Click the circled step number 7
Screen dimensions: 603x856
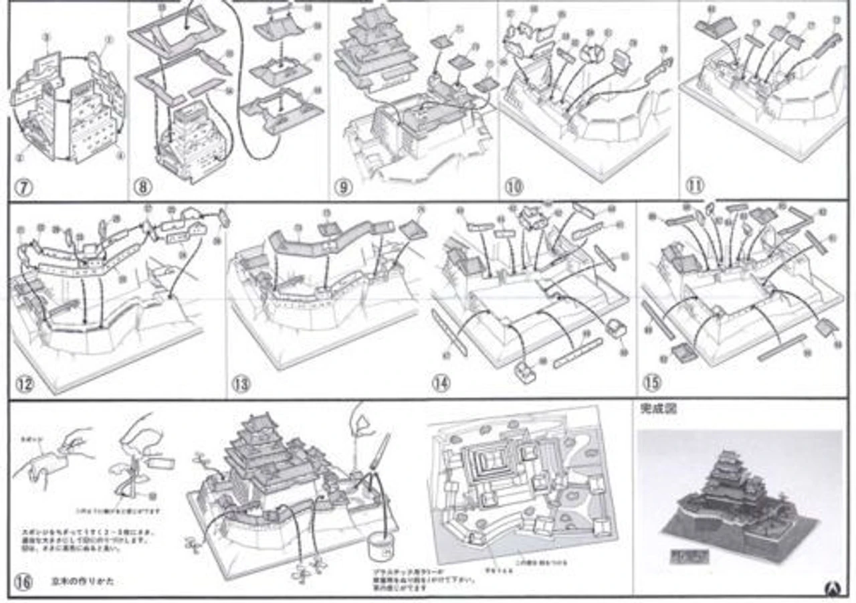(x=23, y=187)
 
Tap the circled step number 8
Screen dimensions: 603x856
(x=141, y=187)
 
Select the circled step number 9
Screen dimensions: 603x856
(x=342, y=187)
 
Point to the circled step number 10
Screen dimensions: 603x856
(x=514, y=185)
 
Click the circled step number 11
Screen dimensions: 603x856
(x=694, y=185)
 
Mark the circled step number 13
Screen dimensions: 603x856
(x=240, y=384)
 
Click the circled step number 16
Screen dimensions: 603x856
(x=23, y=582)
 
